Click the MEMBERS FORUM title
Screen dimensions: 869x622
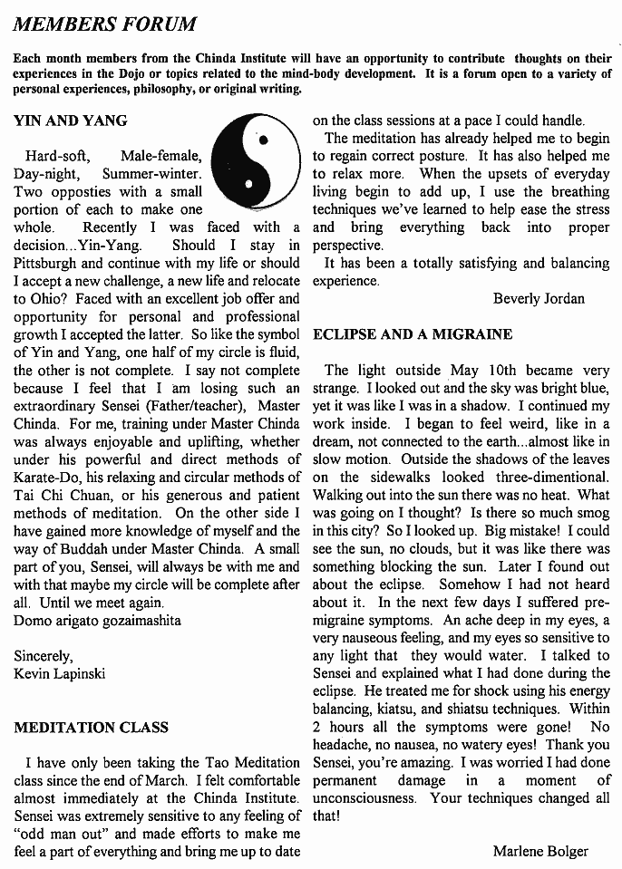[x=104, y=22]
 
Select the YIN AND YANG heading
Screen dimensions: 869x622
[x=71, y=120]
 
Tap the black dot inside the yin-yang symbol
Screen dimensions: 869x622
[x=263, y=140]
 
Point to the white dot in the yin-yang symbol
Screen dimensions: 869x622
[x=249, y=185]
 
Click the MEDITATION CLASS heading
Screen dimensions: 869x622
[x=91, y=727]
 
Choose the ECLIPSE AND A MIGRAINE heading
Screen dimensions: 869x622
[x=413, y=334]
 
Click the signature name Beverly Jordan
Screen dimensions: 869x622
[x=539, y=298]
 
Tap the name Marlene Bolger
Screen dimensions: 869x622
[x=540, y=851]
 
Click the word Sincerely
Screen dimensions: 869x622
[x=44, y=655]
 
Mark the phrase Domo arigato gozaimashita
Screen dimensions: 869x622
[x=97, y=621]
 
